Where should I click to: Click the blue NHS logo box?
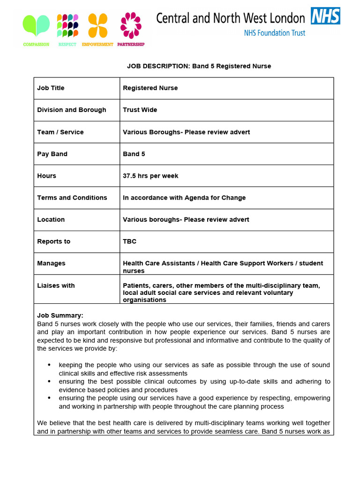point(325,16)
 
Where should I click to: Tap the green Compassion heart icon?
point(36,26)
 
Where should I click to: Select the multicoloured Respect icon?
point(67,26)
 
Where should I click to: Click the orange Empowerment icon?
point(97,26)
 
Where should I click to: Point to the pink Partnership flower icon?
point(131,25)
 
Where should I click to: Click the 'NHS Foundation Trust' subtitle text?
point(274,33)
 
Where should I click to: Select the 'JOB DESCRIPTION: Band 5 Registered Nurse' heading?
point(199,66)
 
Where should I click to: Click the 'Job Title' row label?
point(51,88)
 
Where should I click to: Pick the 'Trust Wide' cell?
point(140,110)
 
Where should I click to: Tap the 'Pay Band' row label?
point(52,154)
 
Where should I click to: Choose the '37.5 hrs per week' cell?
point(150,176)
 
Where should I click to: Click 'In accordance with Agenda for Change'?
point(184,198)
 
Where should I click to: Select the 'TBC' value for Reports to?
point(129,241)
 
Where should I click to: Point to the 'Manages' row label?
point(51,263)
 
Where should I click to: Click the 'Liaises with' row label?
point(56,285)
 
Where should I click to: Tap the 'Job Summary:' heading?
point(60,315)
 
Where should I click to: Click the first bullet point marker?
point(50,365)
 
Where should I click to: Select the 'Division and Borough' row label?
point(72,110)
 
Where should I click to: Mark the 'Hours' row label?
point(46,176)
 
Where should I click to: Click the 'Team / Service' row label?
point(60,132)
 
